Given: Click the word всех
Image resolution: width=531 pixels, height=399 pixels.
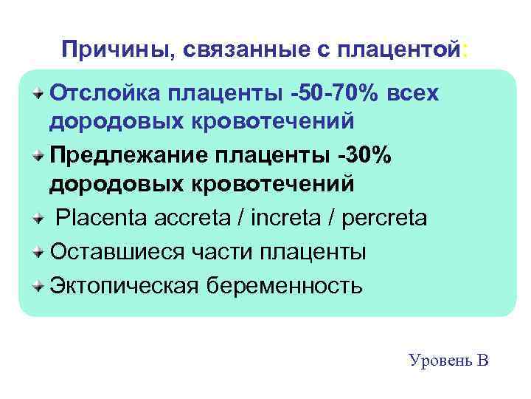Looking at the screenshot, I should click(412, 95).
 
